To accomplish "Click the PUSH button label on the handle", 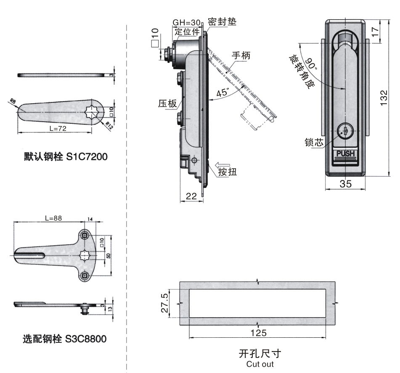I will [x=345, y=154].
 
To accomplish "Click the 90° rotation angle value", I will [x=310, y=64].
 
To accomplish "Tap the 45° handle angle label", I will [x=222, y=93].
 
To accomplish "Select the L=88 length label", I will [x=55, y=218].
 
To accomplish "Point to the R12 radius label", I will [x=109, y=124].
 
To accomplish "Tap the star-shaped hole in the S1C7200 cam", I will [x=92, y=111].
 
